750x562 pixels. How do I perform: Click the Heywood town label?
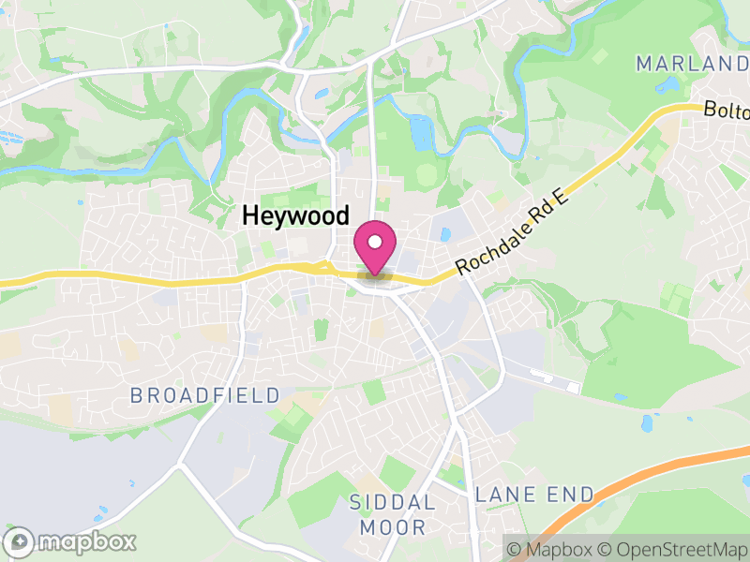(295, 216)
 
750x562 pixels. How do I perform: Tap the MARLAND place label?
(692, 64)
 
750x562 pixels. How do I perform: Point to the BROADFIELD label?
(205, 395)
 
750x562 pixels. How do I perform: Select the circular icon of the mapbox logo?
(21, 541)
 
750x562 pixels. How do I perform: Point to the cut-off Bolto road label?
(727, 111)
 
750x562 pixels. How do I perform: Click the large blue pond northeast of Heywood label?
(421, 133)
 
